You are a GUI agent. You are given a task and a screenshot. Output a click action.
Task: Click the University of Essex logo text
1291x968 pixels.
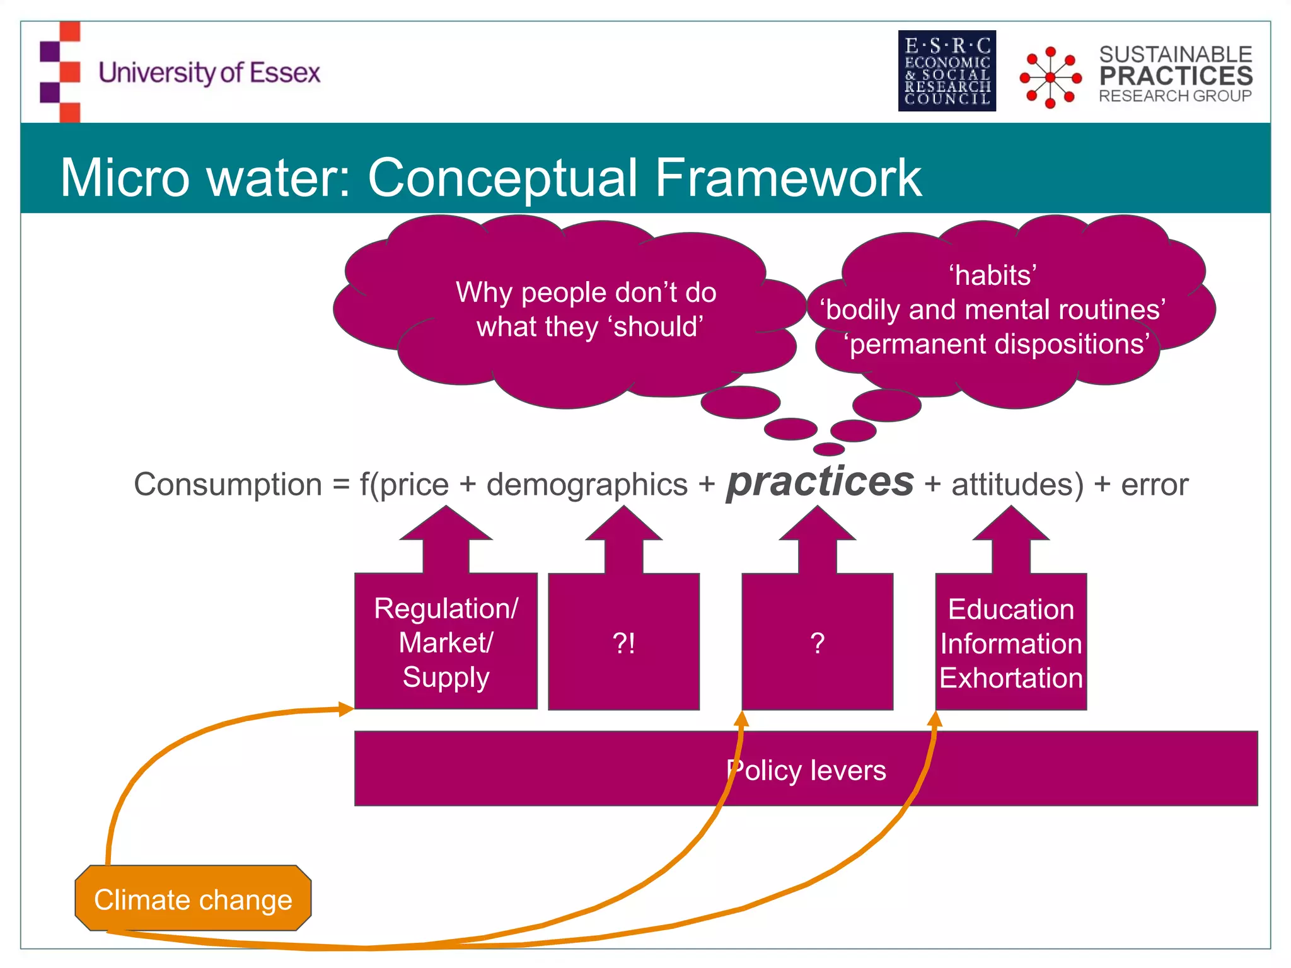click(x=209, y=73)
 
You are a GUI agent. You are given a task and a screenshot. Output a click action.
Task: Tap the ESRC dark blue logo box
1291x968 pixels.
click(x=947, y=71)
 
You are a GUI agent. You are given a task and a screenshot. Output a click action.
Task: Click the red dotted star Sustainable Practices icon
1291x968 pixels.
click(x=1050, y=77)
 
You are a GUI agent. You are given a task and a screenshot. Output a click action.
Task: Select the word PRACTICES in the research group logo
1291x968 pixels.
click(x=1176, y=76)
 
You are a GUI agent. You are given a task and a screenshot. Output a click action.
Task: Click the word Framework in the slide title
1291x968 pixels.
click(x=788, y=178)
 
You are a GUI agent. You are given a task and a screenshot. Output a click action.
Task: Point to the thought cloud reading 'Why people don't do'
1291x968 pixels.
click(x=586, y=292)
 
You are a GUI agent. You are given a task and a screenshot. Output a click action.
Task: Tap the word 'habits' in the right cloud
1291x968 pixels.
click(x=993, y=275)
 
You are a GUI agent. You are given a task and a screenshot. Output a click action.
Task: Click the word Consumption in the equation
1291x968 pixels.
click(x=228, y=485)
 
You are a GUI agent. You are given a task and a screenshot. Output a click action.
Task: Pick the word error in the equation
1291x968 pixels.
click(x=1154, y=485)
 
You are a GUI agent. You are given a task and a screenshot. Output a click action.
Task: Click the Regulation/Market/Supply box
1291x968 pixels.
click(x=446, y=642)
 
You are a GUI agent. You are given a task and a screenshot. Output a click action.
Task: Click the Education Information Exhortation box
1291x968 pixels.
click(x=1010, y=643)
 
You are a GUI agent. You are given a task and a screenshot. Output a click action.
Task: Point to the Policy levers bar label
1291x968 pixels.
click(x=806, y=770)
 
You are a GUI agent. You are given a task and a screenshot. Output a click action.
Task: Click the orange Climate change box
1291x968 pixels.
click(x=193, y=899)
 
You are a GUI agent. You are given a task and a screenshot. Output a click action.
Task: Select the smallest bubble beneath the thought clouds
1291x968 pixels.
click(x=828, y=449)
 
